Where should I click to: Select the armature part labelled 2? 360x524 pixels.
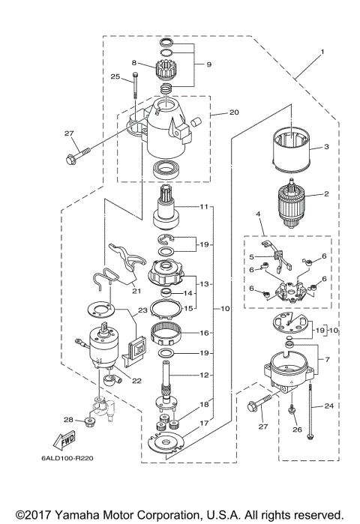coord(290,198)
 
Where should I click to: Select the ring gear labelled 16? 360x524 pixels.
coord(169,331)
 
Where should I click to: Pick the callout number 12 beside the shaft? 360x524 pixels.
coord(204,375)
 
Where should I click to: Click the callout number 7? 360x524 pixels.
coord(326,360)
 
